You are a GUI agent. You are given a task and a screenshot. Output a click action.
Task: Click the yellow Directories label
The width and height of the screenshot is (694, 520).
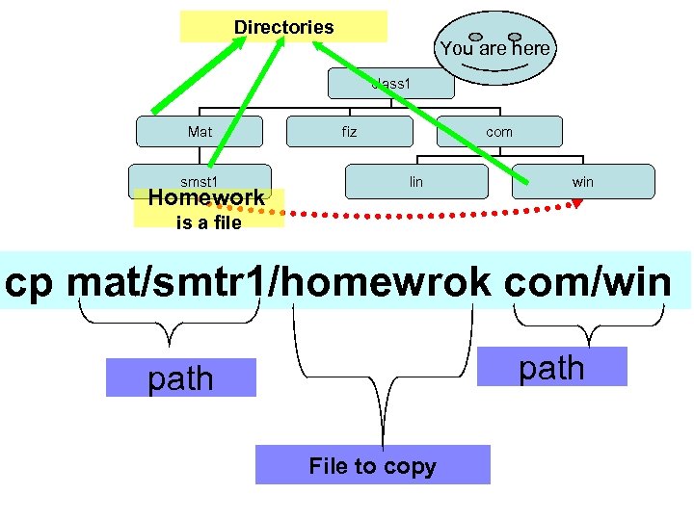283,27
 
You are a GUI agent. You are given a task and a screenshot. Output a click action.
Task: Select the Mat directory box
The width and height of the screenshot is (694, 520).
200,132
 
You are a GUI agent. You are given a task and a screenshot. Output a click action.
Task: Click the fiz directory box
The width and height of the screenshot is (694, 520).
349,132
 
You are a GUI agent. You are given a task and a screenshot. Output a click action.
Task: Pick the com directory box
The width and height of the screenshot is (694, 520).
499,132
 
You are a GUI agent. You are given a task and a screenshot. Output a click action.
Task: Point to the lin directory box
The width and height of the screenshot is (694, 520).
416,181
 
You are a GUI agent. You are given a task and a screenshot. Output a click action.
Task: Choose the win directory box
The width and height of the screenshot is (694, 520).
583,181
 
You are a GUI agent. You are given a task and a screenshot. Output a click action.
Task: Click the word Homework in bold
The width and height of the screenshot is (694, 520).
205,198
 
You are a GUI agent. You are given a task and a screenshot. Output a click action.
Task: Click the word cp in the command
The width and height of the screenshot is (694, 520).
34,281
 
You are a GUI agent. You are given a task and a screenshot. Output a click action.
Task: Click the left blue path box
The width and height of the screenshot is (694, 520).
181,377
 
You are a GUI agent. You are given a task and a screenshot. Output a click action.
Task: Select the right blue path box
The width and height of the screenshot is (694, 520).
551,367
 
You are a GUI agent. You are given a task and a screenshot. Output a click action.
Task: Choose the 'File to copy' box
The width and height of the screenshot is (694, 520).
372,466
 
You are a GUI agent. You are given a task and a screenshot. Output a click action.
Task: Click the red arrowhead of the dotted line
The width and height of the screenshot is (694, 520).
576,202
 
